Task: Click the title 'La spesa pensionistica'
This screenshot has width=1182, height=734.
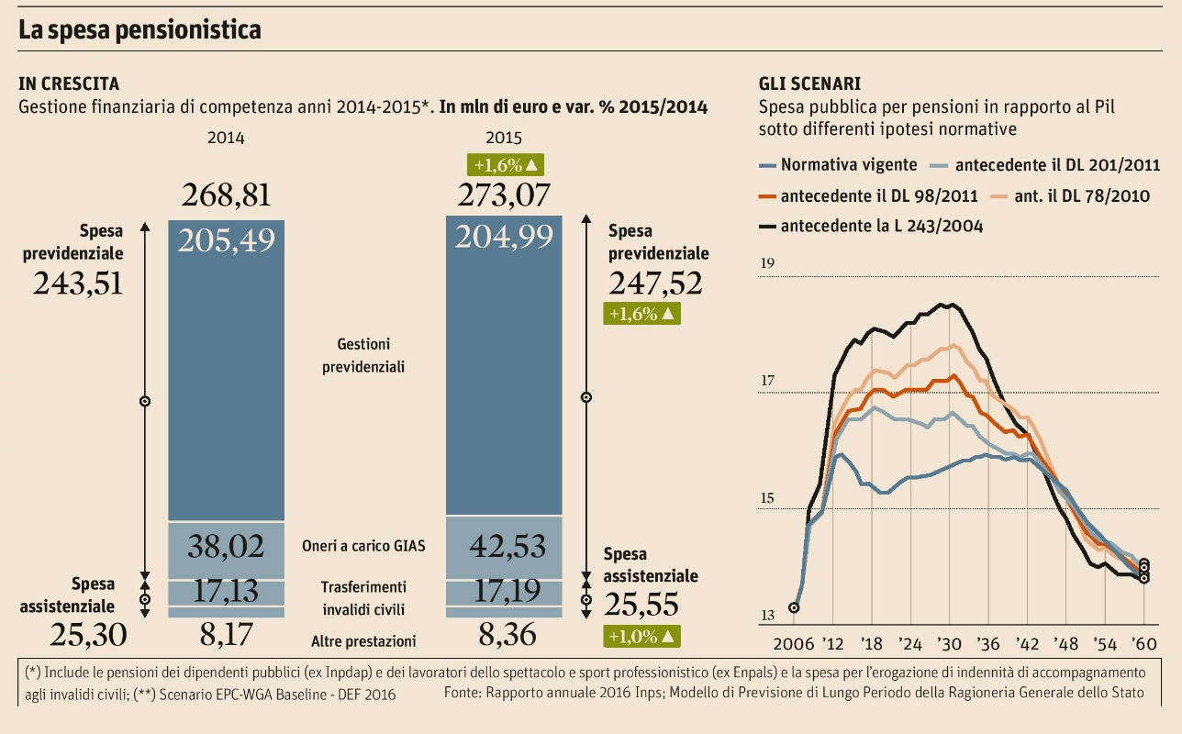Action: point(140,30)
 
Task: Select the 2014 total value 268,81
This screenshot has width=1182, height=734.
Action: point(226,195)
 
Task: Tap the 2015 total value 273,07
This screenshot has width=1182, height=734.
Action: point(503,195)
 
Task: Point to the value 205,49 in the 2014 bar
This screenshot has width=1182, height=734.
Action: point(226,239)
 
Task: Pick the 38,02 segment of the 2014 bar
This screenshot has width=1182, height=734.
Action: point(226,547)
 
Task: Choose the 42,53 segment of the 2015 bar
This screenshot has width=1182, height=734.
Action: point(503,547)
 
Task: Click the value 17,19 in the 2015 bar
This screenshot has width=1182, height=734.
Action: point(503,592)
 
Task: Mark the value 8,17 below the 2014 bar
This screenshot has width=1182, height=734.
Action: point(226,633)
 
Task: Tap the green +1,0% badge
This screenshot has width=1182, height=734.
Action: point(641,635)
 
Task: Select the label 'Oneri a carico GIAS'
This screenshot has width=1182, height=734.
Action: point(363,546)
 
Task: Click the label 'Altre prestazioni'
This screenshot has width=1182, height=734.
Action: point(363,641)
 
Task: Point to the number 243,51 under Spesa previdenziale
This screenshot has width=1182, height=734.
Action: point(77,284)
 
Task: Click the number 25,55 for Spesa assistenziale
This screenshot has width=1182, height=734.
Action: point(641,605)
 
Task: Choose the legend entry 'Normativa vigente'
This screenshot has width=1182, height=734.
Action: point(848,165)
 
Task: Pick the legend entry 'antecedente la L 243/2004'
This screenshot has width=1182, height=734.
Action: point(881,226)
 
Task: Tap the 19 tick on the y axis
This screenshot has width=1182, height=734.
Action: point(768,265)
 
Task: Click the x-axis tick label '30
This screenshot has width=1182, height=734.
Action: point(949,642)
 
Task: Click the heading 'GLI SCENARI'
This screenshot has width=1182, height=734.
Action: point(809,83)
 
